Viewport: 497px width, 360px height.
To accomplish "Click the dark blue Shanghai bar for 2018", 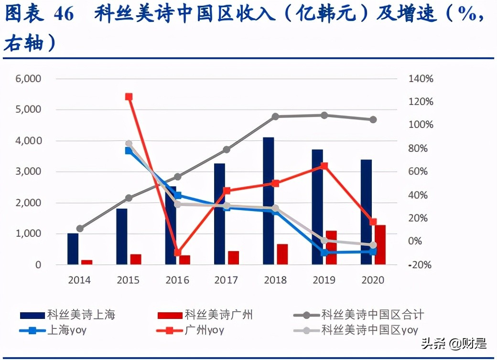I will pyautogui.click(x=268, y=201).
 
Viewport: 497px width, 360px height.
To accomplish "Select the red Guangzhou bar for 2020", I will pyautogui.click(x=380, y=244).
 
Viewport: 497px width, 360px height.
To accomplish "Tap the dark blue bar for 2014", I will pyautogui.click(x=73, y=249).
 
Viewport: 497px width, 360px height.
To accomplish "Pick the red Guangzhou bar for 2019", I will pyautogui.click(x=331, y=247).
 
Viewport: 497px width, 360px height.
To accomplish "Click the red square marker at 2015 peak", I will pyautogui.click(x=129, y=97).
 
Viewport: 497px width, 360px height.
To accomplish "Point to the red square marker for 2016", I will pyautogui.click(x=178, y=253).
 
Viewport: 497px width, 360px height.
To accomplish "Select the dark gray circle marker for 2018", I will pyautogui.click(x=275, y=116).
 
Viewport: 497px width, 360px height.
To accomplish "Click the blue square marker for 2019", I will pyautogui.click(x=324, y=252).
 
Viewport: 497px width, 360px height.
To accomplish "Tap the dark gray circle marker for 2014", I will pyautogui.click(x=80, y=229).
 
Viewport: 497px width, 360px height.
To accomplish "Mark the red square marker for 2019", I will pyautogui.click(x=324, y=166).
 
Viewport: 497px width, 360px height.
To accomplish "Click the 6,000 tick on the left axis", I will pyautogui.click(x=28, y=79).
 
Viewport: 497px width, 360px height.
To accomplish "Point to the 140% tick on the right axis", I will pyautogui.click(x=421, y=79).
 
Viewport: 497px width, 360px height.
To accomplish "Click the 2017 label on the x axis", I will pyautogui.click(x=226, y=280).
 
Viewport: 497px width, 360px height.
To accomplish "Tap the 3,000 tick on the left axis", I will pyautogui.click(x=28, y=172).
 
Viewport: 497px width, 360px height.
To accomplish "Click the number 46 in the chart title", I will pyautogui.click(x=64, y=14).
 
